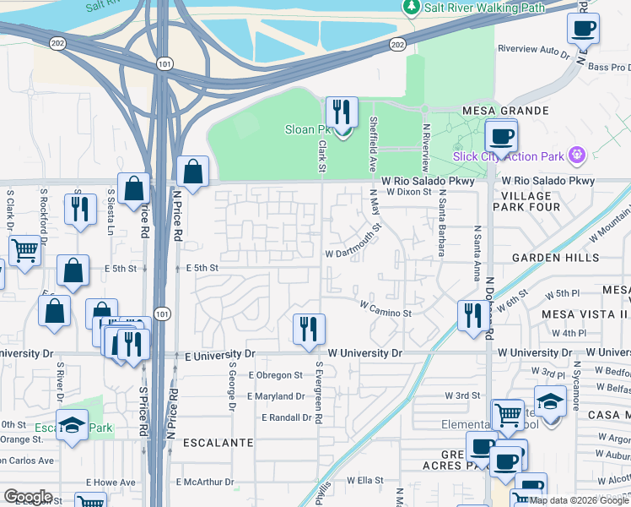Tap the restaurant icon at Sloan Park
click(x=342, y=112)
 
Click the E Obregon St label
click(x=275, y=375)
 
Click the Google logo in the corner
click(x=28, y=497)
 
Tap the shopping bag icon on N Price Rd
click(x=193, y=173)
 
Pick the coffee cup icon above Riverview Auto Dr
click(x=583, y=30)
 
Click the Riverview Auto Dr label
click(x=534, y=50)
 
